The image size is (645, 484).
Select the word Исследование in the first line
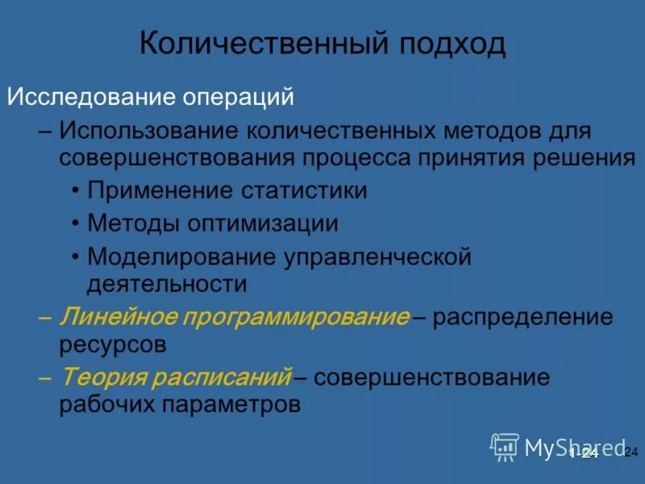click(x=85, y=98)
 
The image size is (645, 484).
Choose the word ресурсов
click(x=112, y=344)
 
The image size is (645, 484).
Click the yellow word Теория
click(x=97, y=377)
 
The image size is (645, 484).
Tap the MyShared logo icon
click(x=504, y=447)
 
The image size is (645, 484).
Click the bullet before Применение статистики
click(x=75, y=191)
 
